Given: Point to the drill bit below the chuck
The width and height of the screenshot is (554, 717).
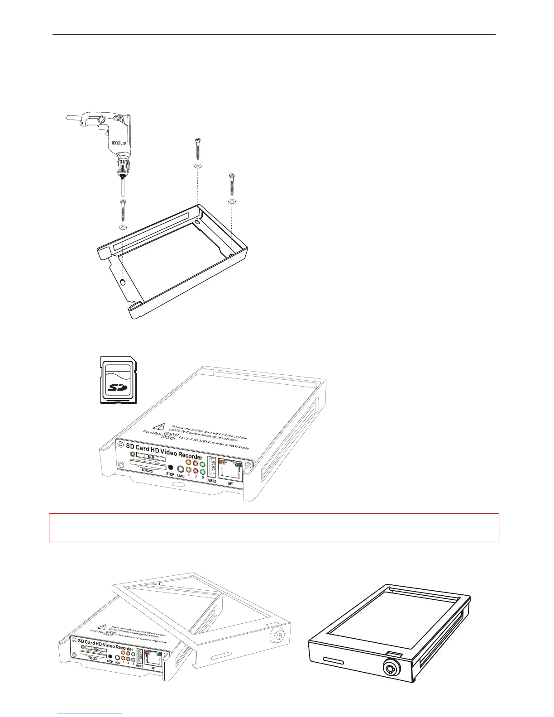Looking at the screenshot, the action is (x=123, y=186).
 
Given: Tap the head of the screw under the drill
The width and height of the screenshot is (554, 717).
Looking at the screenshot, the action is (x=123, y=202).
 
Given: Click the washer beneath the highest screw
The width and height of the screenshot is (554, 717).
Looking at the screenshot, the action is (x=198, y=166).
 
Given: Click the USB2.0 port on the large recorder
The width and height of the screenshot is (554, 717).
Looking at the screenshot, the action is (x=212, y=467).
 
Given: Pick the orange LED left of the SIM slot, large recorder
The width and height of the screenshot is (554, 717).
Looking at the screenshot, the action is (x=132, y=455).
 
